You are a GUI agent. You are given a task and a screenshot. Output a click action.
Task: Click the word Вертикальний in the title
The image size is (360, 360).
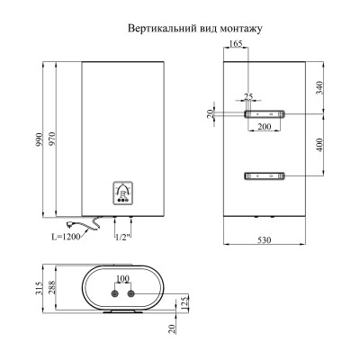pos(162,29)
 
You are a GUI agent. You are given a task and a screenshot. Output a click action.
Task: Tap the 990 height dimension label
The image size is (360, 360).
pos(40,139)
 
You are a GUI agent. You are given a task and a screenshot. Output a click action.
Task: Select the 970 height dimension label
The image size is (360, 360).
pos(52,139)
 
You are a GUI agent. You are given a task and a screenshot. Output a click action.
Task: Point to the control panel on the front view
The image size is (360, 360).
pos(123,193)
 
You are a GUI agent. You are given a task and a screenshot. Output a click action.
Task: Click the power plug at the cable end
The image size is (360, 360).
pos(71,223)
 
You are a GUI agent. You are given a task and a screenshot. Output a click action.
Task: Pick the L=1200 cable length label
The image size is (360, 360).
pos(66,237)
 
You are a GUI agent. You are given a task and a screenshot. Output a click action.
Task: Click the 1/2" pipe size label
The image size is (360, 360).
pos(123,237)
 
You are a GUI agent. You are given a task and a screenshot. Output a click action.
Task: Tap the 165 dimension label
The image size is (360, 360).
pos(236,44)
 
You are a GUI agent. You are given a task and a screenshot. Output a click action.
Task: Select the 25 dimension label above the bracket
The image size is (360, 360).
pos(248,96)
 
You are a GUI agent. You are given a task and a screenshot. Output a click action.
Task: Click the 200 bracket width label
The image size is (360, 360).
pos(265,127)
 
